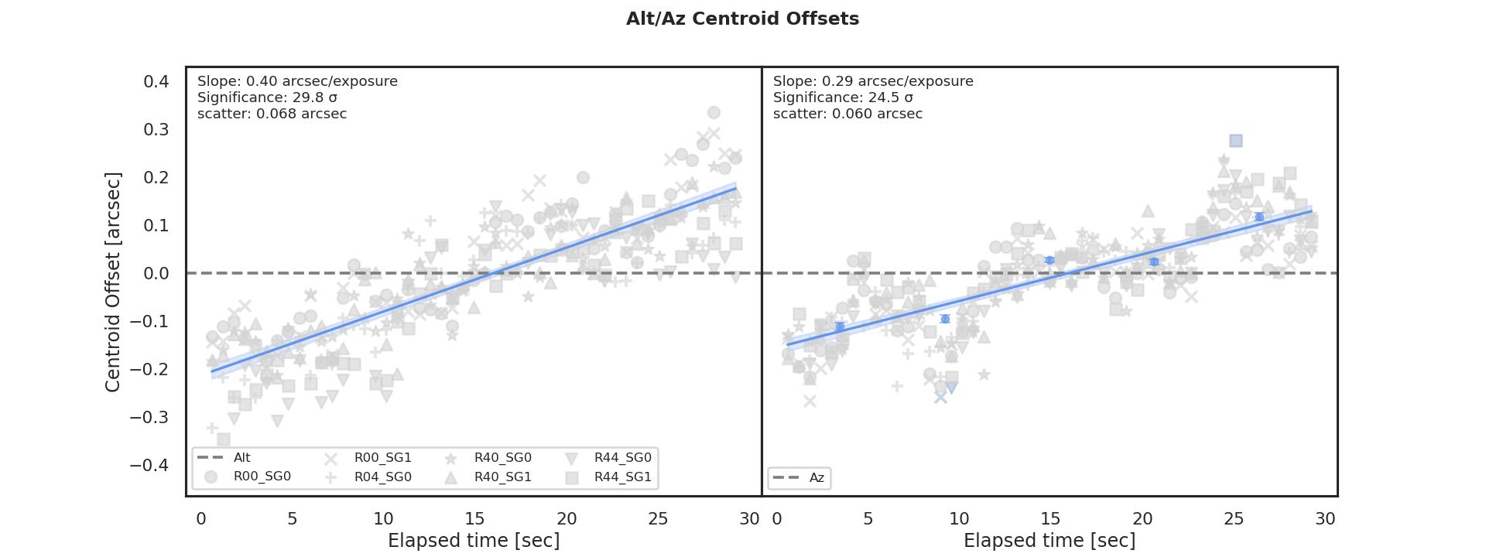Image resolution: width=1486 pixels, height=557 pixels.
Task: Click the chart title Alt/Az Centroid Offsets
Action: pyautogui.click(x=742, y=19)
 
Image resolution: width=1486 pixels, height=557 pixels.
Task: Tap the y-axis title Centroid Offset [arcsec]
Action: pyautogui.click(x=113, y=282)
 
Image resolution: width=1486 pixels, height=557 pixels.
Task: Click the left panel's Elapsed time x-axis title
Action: pyautogui.click(x=474, y=541)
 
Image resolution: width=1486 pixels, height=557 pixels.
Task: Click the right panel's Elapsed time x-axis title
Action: pyautogui.click(x=1049, y=541)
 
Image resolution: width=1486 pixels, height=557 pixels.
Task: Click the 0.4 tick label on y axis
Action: pyautogui.click(x=156, y=81)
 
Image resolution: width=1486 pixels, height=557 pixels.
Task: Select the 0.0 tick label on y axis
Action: pyautogui.click(x=156, y=273)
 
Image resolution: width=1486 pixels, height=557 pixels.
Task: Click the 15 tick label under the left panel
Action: pyautogui.click(x=474, y=518)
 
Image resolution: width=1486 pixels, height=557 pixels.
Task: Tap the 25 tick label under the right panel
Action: pyautogui.click(x=1233, y=518)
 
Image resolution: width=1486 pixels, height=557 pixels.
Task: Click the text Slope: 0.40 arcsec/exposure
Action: pyautogui.click(x=297, y=81)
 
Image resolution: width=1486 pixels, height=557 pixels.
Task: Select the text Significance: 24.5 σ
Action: pyautogui.click(x=843, y=97)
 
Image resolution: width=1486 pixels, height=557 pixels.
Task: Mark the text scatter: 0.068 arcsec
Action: pyautogui.click(x=272, y=114)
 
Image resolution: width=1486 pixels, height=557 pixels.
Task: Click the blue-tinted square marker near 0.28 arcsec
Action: pyautogui.click(x=1236, y=141)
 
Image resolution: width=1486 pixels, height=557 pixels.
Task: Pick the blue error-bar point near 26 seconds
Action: pyautogui.click(x=1259, y=217)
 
